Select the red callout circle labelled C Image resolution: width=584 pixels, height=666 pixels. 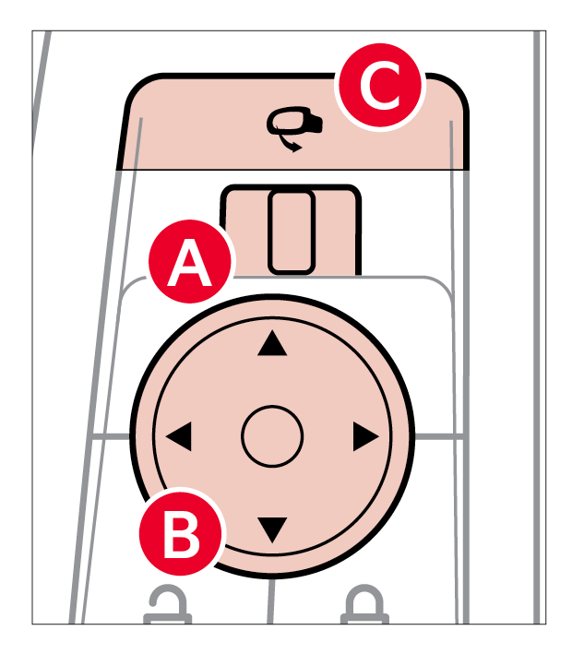pyautogui.click(x=380, y=89)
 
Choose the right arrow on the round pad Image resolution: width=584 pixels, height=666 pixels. pyautogui.click(x=365, y=437)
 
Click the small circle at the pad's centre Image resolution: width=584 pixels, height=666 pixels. pyautogui.click(x=272, y=435)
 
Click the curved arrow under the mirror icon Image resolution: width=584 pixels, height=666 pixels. pyautogui.click(x=295, y=144)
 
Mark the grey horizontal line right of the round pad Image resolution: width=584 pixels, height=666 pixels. pyautogui.click(x=436, y=434)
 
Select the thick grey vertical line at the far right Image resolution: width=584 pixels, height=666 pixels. pyautogui.click(x=537, y=323)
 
